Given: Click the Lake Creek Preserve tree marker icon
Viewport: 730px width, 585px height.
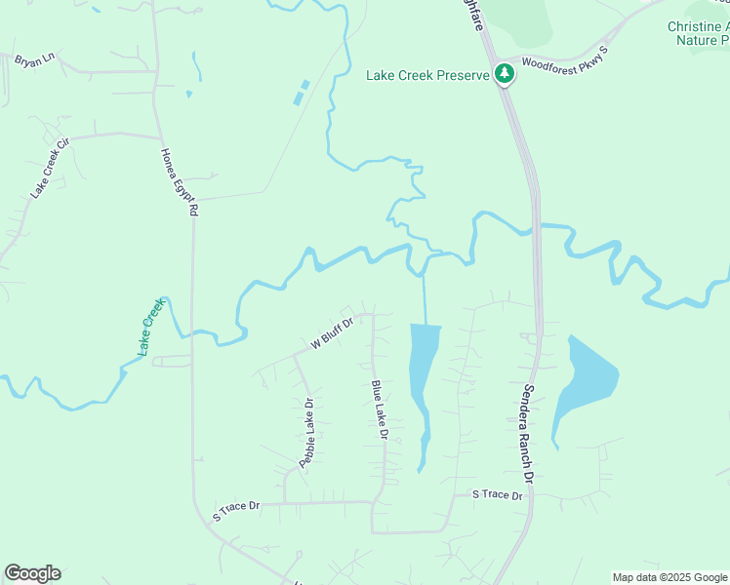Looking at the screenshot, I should click(x=505, y=74).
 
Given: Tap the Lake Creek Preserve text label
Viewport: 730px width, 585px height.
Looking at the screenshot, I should click(x=427, y=75).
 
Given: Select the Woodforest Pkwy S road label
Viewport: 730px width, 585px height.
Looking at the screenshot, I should click(x=565, y=59).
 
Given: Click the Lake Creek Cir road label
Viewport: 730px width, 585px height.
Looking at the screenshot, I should click(x=51, y=169).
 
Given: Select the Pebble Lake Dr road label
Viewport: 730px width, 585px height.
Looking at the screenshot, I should click(x=306, y=433).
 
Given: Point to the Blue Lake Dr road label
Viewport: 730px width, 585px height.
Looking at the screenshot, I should click(x=380, y=409).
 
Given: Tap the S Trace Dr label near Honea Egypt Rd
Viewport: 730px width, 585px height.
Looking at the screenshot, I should click(x=237, y=506).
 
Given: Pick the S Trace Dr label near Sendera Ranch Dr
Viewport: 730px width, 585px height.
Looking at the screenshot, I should click(x=498, y=495).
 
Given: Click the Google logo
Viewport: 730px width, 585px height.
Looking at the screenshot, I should click(x=32, y=573).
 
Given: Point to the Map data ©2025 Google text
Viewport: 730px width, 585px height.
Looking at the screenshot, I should click(x=669, y=577).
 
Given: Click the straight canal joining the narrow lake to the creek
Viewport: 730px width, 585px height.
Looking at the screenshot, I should click(x=425, y=297).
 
